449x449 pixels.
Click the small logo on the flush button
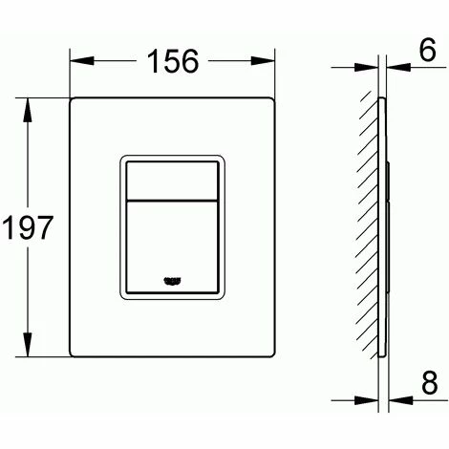point(174,279)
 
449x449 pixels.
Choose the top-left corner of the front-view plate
point(73,98)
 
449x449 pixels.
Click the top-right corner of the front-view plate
point(275,98)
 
